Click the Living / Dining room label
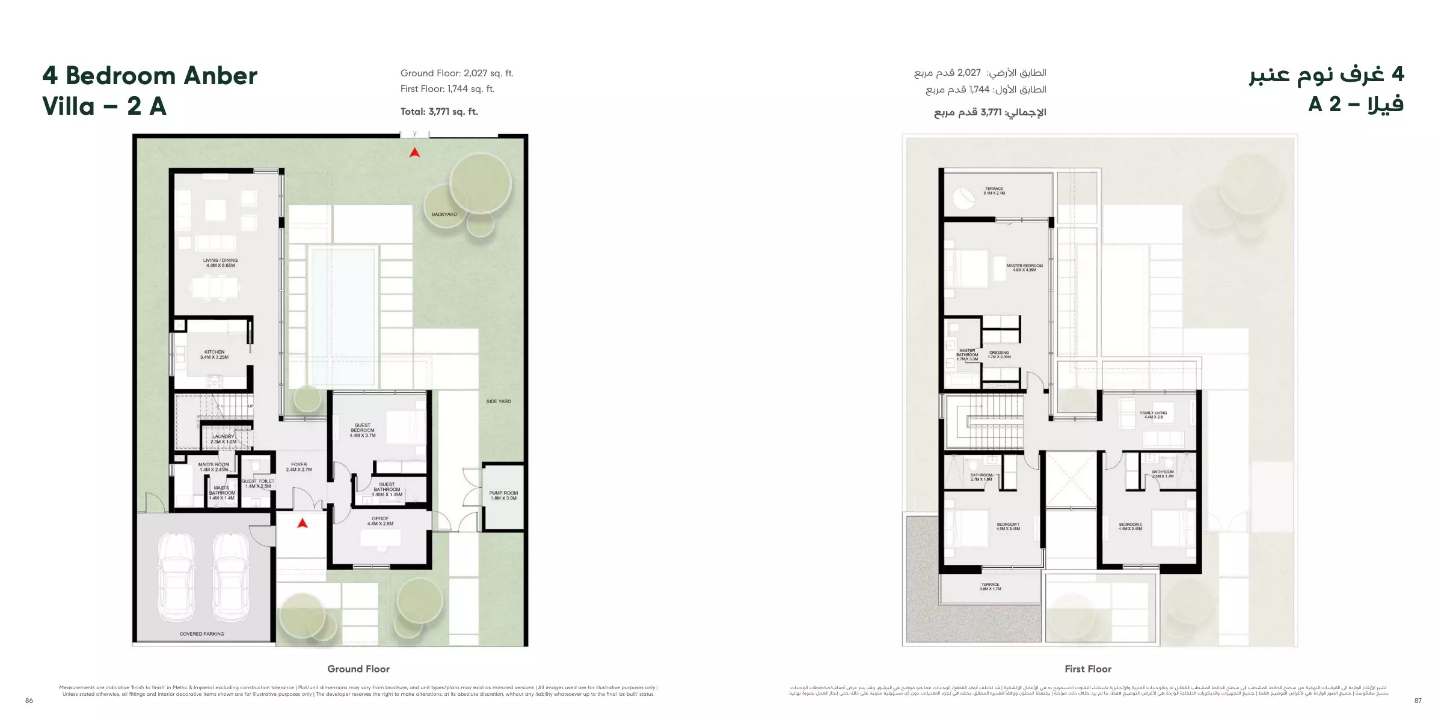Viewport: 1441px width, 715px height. coord(220,263)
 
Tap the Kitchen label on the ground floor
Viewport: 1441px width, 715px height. coord(214,354)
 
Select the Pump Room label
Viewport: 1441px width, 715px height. coord(503,495)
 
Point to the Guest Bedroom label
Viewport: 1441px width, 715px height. coord(363,430)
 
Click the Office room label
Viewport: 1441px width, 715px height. coord(380,521)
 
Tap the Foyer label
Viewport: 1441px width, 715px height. coord(299,467)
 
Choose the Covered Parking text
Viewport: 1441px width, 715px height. coord(201,634)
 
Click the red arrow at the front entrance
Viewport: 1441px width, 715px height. coord(303,523)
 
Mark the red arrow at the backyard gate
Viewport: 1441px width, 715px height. coord(414,153)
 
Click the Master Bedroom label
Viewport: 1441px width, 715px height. coord(1024,267)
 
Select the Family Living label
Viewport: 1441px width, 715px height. coord(1153,415)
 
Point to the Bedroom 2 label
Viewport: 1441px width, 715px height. coord(1130,526)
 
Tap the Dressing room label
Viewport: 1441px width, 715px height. coord(999,354)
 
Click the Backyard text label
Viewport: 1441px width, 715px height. coord(444,214)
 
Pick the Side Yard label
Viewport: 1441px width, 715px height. coord(499,401)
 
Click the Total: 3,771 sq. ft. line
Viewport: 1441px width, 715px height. coord(439,112)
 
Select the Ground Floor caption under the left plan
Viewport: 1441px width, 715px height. coord(358,669)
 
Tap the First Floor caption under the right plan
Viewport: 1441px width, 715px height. coord(1088,669)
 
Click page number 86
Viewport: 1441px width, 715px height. coord(29,701)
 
